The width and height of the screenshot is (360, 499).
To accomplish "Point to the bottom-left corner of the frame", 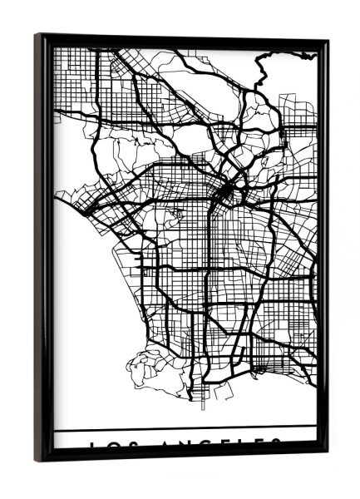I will click(x=37, y=459).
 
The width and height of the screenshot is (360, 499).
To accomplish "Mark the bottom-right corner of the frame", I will click(x=326, y=454).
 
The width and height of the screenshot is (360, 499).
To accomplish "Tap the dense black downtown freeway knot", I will click(x=227, y=193).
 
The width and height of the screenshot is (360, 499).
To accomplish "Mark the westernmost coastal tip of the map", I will click(x=57, y=196).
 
